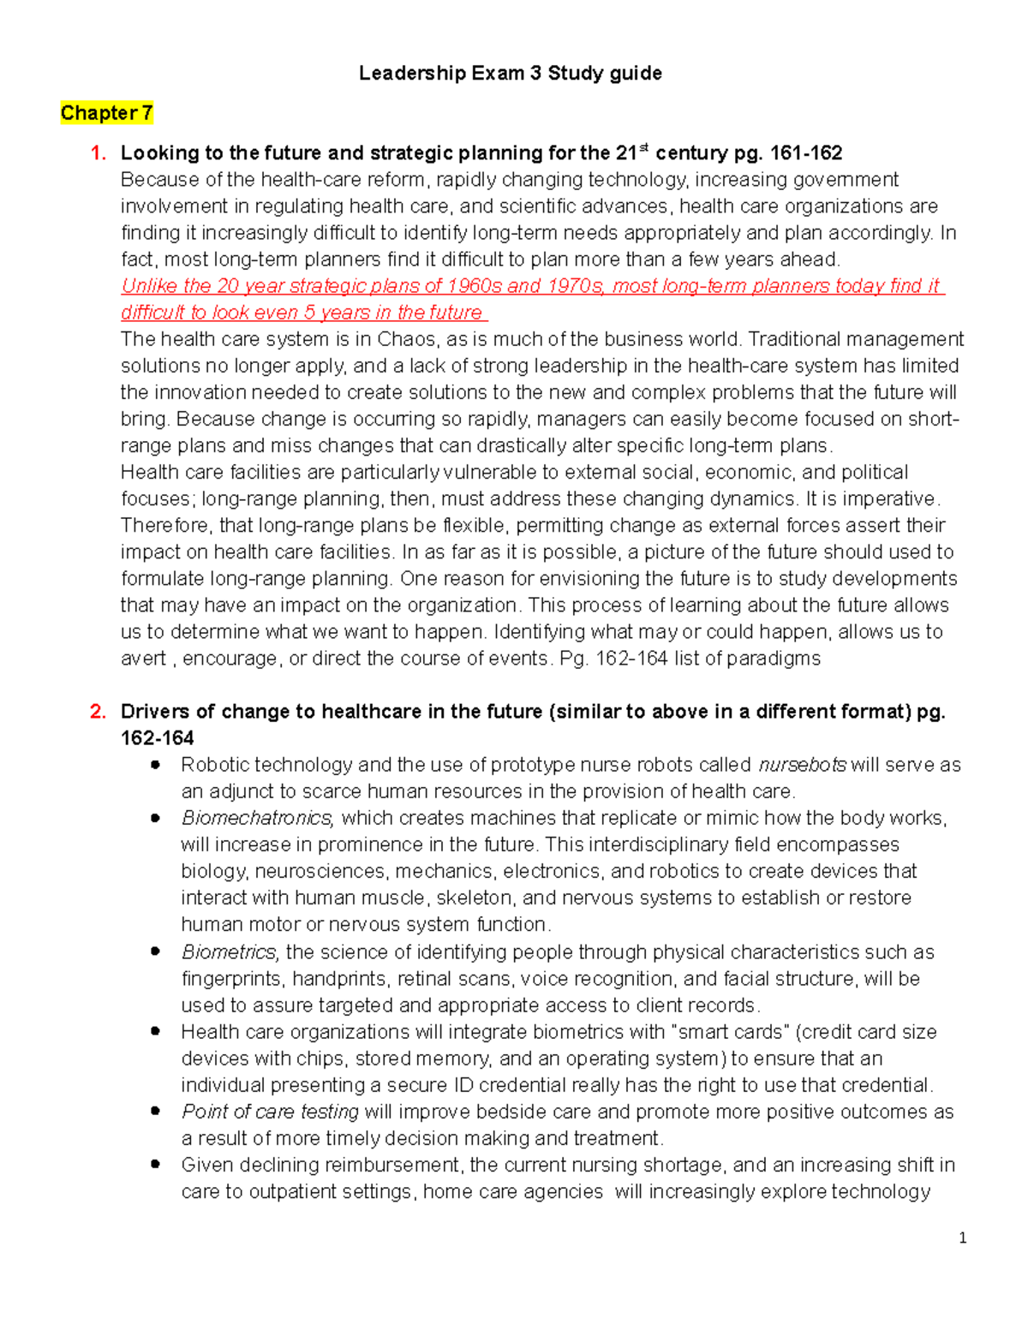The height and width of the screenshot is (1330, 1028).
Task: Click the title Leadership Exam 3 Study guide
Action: tap(510, 74)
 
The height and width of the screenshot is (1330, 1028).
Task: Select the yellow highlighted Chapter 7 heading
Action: tap(106, 113)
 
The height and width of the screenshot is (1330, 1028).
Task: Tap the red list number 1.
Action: tap(99, 153)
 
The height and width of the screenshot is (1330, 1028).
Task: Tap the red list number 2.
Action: tap(99, 712)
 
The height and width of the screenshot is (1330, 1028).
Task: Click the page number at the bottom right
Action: tap(963, 1238)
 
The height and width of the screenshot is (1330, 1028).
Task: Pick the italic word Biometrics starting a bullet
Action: tap(230, 952)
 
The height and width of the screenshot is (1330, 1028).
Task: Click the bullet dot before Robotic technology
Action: tap(155, 765)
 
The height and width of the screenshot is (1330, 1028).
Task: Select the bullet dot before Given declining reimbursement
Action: tap(155, 1165)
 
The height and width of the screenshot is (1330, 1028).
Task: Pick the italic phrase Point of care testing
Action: tap(270, 1112)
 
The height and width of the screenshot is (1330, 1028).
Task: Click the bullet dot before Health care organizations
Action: tap(155, 1032)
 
